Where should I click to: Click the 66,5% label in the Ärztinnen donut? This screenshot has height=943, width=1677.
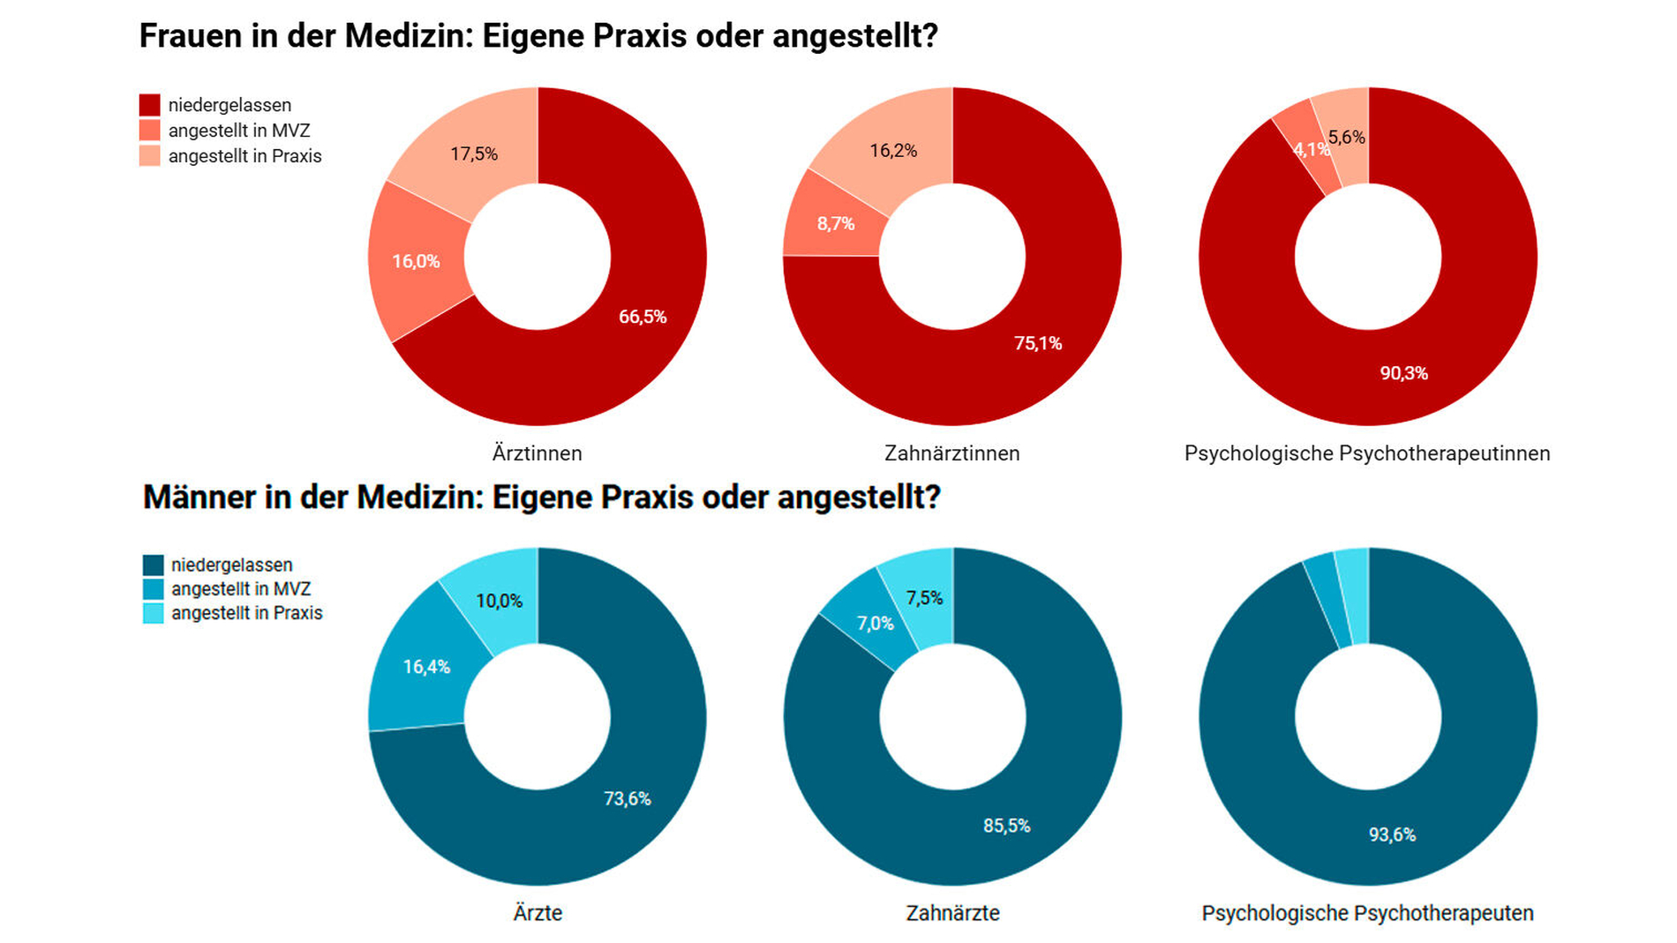click(x=643, y=317)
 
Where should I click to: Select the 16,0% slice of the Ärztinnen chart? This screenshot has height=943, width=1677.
click(x=416, y=261)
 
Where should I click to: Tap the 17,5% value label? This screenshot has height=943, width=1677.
click(x=474, y=154)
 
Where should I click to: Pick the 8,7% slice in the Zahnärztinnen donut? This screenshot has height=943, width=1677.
click(x=835, y=224)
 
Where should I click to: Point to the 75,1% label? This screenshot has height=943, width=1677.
click(x=1038, y=343)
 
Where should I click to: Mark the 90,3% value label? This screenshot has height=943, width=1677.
click(x=1403, y=373)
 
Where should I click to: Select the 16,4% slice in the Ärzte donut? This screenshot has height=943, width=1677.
click(x=426, y=667)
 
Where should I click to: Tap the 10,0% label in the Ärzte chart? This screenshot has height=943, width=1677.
click(x=500, y=601)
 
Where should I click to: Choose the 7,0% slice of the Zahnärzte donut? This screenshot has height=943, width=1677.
click(x=875, y=624)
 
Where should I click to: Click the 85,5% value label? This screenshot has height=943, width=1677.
click(x=1007, y=826)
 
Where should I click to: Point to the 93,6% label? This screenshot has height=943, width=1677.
click(x=1392, y=834)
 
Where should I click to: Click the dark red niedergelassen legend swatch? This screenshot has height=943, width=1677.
click(x=150, y=105)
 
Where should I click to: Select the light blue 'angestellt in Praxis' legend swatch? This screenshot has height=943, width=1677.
click(x=153, y=613)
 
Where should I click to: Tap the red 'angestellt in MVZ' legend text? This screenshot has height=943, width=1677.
click(x=239, y=131)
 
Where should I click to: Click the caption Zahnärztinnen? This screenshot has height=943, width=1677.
click(x=951, y=453)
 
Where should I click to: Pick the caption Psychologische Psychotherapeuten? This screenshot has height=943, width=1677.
click(x=1367, y=913)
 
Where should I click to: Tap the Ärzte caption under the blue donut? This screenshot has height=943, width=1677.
click(x=538, y=913)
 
